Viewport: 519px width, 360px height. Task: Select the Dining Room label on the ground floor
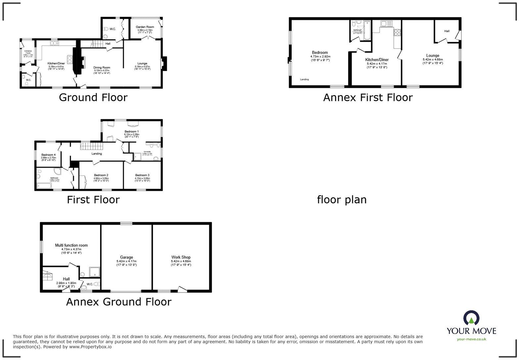pos(102,67)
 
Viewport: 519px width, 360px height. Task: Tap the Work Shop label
pos(181,257)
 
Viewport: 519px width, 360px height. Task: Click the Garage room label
pos(126,257)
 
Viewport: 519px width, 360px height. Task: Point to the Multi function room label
pos(71,246)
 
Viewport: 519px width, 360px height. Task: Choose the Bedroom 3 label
pos(142,175)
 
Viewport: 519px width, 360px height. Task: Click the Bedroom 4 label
pos(48,155)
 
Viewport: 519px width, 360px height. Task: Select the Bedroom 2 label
pos(101,175)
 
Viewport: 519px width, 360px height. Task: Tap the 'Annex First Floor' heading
pos(368,98)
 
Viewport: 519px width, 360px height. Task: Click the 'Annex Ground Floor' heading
pos(118,302)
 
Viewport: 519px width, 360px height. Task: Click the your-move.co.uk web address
pos(471,339)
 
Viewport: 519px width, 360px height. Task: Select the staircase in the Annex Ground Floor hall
pos(48,275)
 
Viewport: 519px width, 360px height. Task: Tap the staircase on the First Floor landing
pos(90,146)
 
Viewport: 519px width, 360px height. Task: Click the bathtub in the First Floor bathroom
pos(44,186)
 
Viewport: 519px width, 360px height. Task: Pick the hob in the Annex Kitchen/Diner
pos(397,32)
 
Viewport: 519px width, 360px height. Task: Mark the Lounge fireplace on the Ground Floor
pos(164,64)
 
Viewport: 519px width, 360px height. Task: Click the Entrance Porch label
pos(28,52)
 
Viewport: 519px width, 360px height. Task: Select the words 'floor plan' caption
pos(342,200)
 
